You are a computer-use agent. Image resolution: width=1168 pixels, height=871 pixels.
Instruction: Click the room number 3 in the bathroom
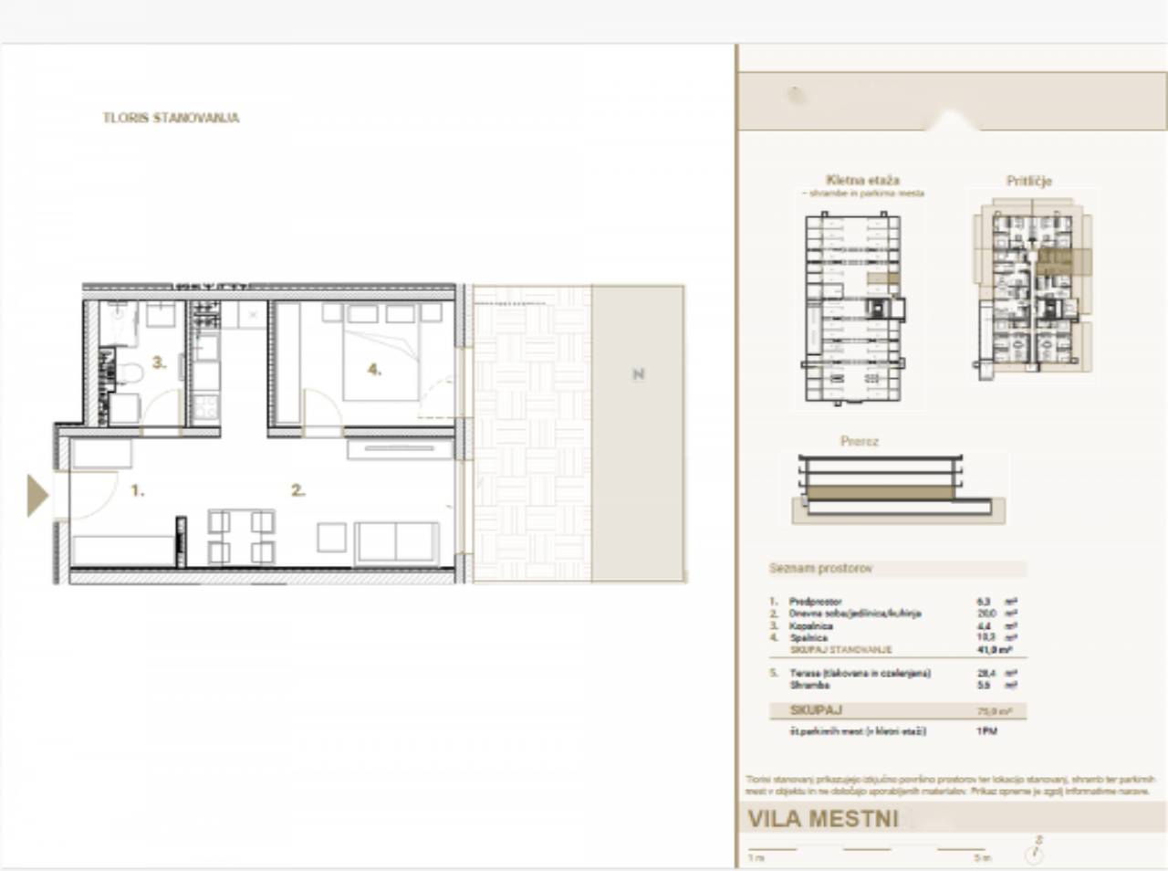click(159, 362)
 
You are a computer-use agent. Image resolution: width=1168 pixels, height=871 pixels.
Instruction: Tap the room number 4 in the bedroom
click(373, 370)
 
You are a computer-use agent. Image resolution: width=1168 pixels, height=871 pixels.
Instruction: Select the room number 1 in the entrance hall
click(137, 490)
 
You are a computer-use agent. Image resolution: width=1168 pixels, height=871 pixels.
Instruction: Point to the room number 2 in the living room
click(297, 490)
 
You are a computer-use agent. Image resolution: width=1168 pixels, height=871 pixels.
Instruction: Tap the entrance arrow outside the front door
click(37, 496)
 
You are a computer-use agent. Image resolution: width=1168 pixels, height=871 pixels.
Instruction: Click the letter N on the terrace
click(638, 374)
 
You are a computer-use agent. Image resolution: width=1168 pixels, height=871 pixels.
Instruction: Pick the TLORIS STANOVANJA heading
click(171, 118)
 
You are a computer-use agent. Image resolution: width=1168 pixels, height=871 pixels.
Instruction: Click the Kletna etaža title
click(862, 180)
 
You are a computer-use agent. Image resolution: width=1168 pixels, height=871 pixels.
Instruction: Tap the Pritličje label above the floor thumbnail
click(1028, 181)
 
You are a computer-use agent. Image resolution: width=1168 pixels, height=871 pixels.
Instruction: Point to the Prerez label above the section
click(859, 441)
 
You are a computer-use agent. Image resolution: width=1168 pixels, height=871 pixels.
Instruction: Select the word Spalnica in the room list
click(808, 638)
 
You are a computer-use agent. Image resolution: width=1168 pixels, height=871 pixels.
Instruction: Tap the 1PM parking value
click(986, 731)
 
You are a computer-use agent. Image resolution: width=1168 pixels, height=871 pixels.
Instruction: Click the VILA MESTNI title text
click(822, 819)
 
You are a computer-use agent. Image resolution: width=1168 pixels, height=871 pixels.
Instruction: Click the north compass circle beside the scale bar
click(1034, 855)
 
